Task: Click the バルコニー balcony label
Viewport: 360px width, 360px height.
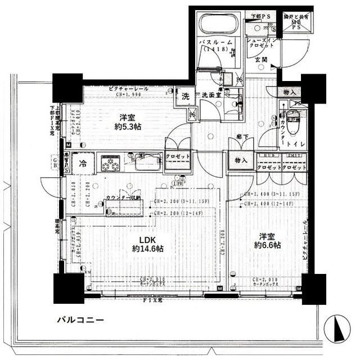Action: (x=80, y=320)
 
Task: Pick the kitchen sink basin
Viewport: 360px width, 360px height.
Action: (x=147, y=163)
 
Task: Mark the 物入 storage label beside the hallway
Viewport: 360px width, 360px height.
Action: (x=241, y=160)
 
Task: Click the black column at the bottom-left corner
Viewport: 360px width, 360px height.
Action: (x=67, y=286)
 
